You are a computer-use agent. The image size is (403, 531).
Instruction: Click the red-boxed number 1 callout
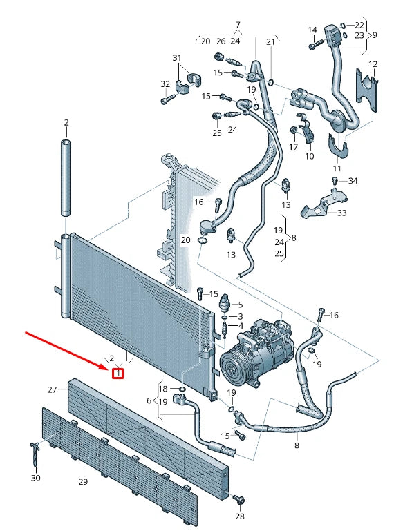click(x=118, y=374)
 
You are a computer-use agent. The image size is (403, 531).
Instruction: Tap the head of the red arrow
click(x=109, y=370)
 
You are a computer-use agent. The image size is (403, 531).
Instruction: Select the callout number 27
click(x=52, y=390)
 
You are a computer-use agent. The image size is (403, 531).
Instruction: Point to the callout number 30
click(x=35, y=478)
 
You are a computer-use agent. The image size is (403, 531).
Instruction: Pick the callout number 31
click(x=176, y=57)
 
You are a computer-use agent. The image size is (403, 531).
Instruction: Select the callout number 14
click(x=312, y=30)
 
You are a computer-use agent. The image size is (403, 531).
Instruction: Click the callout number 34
click(x=353, y=181)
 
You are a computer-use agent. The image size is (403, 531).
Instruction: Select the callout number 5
click(x=240, y=304)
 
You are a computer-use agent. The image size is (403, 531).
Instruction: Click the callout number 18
click(x=162, y=389)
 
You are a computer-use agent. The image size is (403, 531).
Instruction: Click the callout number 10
click(x=309, y=157)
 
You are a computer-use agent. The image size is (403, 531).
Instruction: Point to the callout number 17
click(x=293, y=146)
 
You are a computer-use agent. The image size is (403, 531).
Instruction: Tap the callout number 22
click(x=359, y=25)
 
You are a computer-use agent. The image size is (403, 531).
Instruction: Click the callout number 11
click(x=337, y=168)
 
